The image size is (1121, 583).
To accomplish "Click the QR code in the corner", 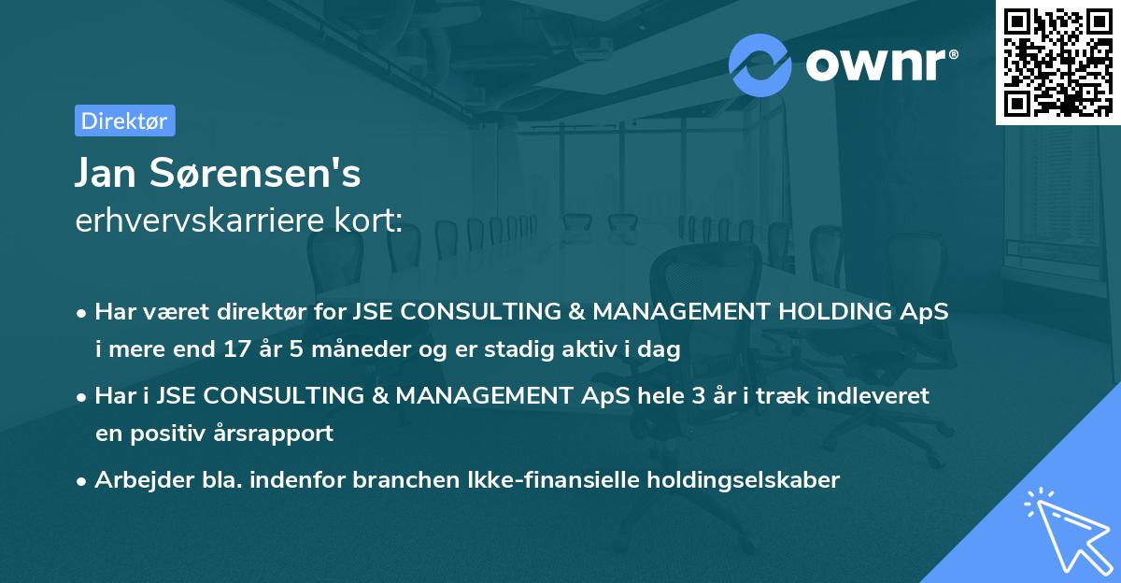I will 1057,63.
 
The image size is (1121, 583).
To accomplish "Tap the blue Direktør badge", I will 124,121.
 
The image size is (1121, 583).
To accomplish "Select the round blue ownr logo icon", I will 760,64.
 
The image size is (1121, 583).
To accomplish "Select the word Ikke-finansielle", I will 534,480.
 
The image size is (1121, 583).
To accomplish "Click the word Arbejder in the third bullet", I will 136,480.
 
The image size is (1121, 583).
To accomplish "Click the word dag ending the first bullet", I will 661,350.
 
